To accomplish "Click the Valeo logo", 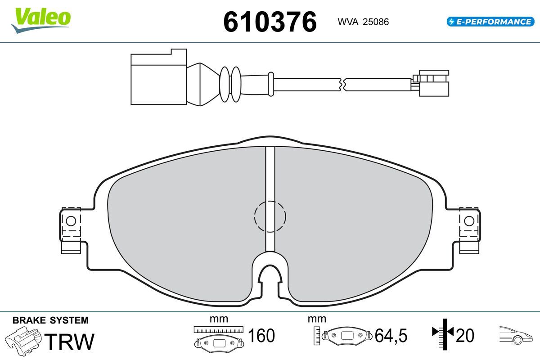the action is (41, 20).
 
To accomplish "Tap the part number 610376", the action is (270, 22).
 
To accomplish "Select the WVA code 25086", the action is (376, 22).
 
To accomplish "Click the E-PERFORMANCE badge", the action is (490, 22).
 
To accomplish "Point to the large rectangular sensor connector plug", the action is (158, 77).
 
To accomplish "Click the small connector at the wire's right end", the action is (431, 83).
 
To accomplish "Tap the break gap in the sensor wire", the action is (342, 85).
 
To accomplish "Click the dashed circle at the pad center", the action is (270, 216).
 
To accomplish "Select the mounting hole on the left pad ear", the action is (71, 221).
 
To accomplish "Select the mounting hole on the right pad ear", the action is (469, 221).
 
